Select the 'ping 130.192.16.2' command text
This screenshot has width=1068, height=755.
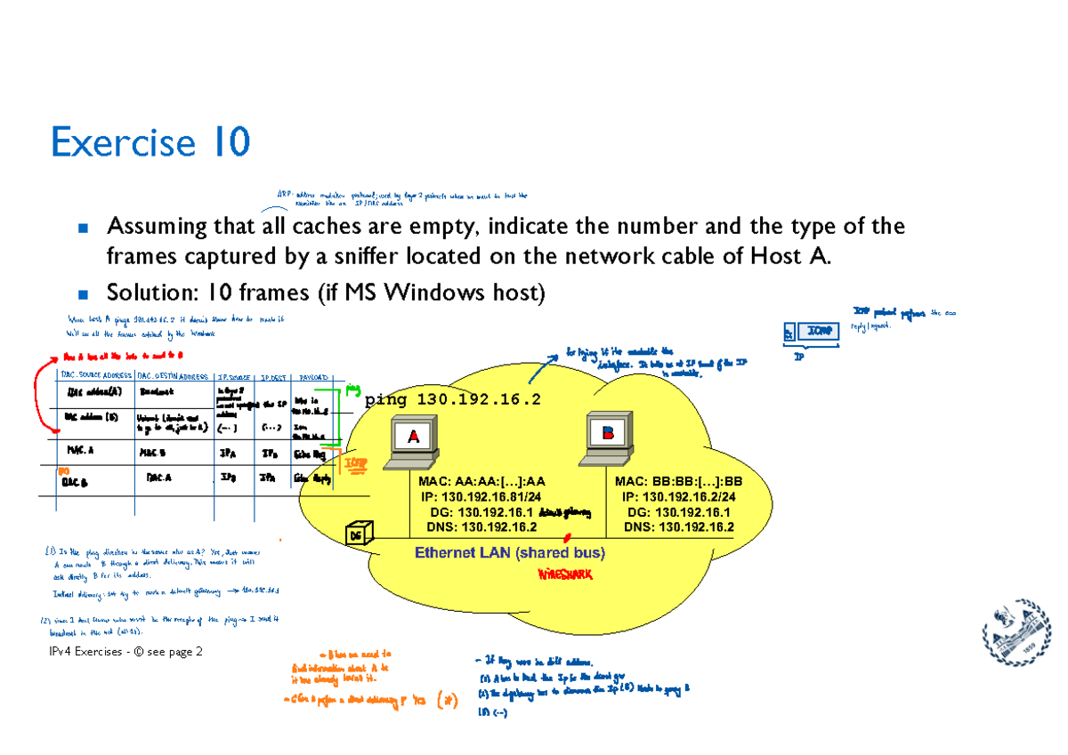452,400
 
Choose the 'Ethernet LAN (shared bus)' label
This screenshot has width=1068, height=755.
510,553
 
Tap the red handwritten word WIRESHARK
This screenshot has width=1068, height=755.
564,574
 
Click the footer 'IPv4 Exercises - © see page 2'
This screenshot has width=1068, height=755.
126,652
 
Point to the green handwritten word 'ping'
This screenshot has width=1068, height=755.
353,388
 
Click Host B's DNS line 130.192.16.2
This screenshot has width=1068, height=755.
679,526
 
